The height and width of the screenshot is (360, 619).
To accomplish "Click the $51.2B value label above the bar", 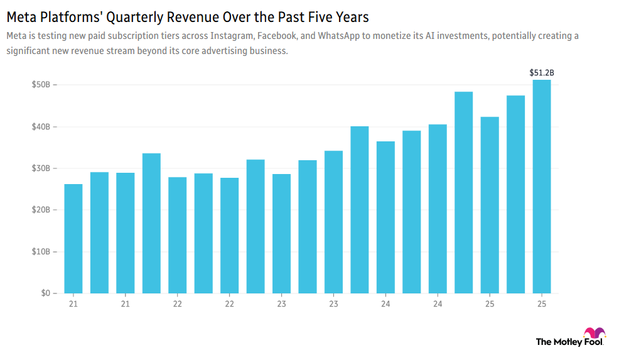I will tap(541, 73).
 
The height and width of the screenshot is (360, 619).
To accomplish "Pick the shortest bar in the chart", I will tap(73, 239).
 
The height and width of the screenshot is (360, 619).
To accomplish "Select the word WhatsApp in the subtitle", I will tap(340, 36).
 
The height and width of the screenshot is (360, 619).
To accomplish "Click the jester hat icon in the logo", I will tap(594, 333).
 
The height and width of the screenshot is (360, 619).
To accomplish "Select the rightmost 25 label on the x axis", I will tap(541, 304).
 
